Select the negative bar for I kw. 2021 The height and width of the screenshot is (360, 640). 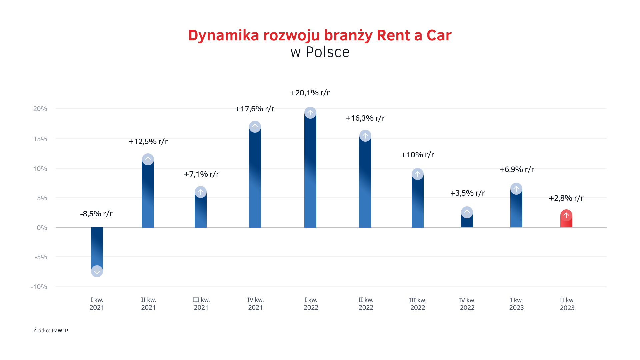click(x=97, y=247)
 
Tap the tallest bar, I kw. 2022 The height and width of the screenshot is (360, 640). click(x=310, y=173)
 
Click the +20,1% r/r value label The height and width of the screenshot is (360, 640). click(x=310, y=93)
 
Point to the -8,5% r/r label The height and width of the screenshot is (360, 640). click(x=96, y=214)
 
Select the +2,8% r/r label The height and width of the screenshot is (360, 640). click(x=566, y=198)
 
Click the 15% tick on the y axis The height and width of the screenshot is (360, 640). click(x=40, y=139)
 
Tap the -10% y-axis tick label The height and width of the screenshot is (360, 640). click(x=39, y=287)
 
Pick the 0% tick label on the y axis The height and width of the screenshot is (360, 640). click(x=42, y=228)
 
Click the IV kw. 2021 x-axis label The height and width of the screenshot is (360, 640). click(x=255, y=304)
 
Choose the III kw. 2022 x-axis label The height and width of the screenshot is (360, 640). click(x=418, y=304)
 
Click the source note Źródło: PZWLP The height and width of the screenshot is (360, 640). click(x=51, y=330)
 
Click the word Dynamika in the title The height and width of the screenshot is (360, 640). click(x=223, y=35)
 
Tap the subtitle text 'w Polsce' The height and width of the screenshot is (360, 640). click(x=320, y=52)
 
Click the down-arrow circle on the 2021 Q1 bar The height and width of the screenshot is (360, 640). click(x=97, y=271)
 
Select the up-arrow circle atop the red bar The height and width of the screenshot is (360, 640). click(x=566, y=215)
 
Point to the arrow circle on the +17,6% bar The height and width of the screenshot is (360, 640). click(x=255, y=127)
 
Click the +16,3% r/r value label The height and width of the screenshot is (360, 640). click(x=365, y=118)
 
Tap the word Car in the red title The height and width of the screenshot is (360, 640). click(x=439, y=35)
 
